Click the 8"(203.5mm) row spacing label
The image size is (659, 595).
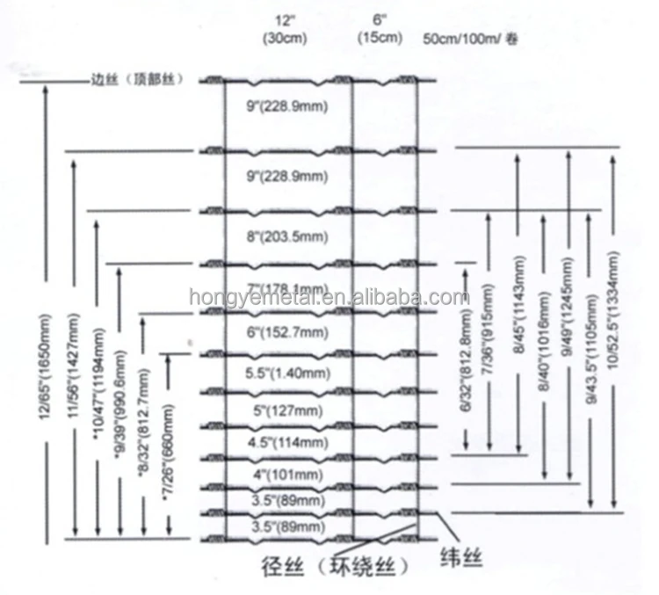pos(286,237)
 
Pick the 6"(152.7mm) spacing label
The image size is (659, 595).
pos(286,332)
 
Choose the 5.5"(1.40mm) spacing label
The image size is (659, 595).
pos(286,372)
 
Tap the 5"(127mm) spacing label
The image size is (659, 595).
pos(286,410)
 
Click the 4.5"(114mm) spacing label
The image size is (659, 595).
pos(286,442)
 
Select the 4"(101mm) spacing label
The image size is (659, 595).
pos(286,475)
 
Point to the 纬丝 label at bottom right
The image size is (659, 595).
pos(460,558)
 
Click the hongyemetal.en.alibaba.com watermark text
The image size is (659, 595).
pos(329,297)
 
